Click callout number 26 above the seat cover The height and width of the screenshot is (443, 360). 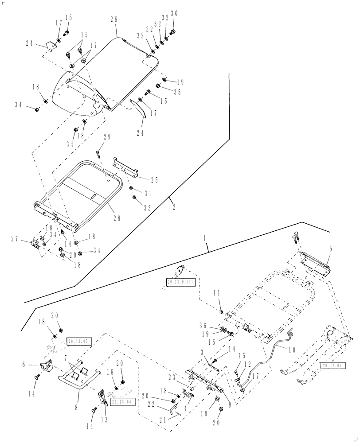(113, 20)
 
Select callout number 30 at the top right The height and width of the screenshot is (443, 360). (174, 14)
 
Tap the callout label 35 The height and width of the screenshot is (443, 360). (177, 92)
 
